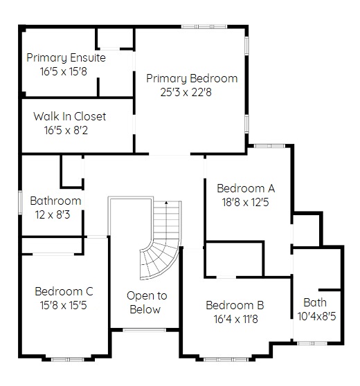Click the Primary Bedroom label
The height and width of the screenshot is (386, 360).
192,79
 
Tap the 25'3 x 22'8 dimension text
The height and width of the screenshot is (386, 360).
186,92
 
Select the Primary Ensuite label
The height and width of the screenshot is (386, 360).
66,58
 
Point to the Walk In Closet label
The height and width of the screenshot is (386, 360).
70,116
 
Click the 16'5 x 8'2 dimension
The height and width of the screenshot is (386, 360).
66,130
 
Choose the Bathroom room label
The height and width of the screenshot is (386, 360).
55,201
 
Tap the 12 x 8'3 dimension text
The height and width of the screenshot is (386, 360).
53,214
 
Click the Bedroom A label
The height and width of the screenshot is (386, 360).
246,188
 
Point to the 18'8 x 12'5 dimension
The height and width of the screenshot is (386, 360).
245,203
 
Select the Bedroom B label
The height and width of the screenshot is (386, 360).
235,305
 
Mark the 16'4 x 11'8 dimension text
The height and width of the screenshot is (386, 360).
236,319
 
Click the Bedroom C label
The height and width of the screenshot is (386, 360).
64,291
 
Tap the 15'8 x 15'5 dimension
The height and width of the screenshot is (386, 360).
63,305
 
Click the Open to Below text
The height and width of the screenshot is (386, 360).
146,302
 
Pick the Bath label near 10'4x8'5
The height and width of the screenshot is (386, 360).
315,302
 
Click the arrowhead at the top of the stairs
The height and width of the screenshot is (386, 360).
166,203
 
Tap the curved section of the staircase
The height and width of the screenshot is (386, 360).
160,261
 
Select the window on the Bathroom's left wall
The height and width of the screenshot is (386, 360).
20,202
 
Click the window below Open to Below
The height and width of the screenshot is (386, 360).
144,330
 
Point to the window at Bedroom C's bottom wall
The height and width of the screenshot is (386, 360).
68,360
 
